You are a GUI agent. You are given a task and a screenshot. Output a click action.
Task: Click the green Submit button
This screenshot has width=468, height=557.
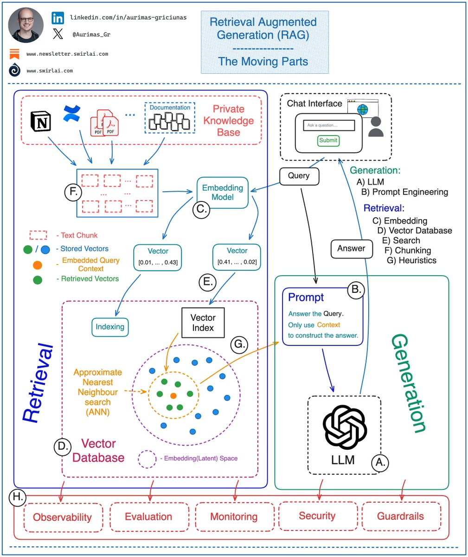pyautogui.click(x=328, y=140)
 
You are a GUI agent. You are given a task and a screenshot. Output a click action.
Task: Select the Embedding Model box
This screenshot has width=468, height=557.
pyautogui.click(x=223, y=193)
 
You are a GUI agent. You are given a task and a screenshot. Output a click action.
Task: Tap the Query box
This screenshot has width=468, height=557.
pyautogui.click(x=299, y=176)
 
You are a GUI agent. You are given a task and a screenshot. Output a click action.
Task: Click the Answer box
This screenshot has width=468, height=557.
pyautogui.click(x=351, y=248)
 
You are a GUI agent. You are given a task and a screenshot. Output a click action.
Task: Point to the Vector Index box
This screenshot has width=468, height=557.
pyautogui.click(x=203, y=323)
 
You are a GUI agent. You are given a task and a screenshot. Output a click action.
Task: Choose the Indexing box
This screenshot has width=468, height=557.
pyautogui.click(x=110, y=327)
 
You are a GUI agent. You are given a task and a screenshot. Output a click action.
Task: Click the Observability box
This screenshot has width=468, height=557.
pyautogui.click(x=62, y=517)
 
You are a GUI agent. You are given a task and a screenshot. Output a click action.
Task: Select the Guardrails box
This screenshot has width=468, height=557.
pyautogui.click(x=400, y=516)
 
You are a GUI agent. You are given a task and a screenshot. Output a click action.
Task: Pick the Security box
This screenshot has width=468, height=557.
pyautogui.click(x=317, y=516)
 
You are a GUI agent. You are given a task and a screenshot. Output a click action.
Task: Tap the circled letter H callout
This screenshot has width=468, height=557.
pyautogui.click(x=18, y=498)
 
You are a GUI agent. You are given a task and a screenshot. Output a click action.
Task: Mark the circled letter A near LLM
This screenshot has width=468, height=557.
pyautogui.click(x=379, y=462)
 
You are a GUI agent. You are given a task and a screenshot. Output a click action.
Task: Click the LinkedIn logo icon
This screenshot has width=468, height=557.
pyautogui.click(x=58, y=19)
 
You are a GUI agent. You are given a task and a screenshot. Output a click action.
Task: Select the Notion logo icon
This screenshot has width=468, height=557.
pyautogui.click(x=40, y=121)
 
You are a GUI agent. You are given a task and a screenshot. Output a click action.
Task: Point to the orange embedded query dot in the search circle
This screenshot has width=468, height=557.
pyautogui.click(x=173, y=396)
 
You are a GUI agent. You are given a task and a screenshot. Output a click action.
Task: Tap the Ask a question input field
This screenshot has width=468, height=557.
pyautogui.click(x=328, y=125)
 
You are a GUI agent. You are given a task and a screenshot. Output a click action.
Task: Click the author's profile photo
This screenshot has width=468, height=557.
pyautogui.click(x=26, y=25)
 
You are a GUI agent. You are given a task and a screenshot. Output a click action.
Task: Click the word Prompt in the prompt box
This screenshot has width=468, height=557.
pyautogui.click(x=306, y=297)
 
